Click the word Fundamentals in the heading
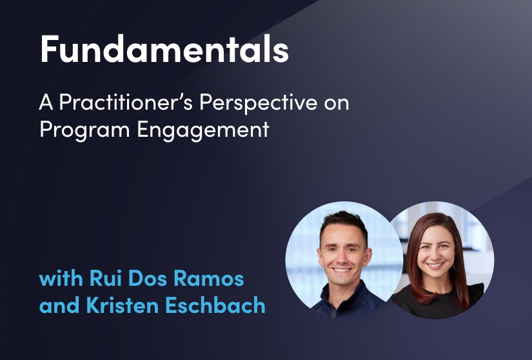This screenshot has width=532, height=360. (x=164, y=48)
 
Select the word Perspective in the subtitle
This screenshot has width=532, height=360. (x=259, y=102)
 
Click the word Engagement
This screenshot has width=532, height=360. (x=203, y=130)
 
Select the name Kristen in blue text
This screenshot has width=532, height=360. (x=123, y=305)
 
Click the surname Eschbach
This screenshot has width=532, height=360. (x=215, y=305)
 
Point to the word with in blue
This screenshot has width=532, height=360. (x=61, y=278)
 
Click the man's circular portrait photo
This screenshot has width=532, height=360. (x=344, y=260)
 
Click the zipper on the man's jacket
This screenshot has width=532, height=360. (x=334, y=310)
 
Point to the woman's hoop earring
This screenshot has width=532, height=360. (x=455, y=266)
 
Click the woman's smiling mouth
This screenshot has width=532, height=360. (x=435, y=265)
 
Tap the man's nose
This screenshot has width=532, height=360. (x=342, y=259)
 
